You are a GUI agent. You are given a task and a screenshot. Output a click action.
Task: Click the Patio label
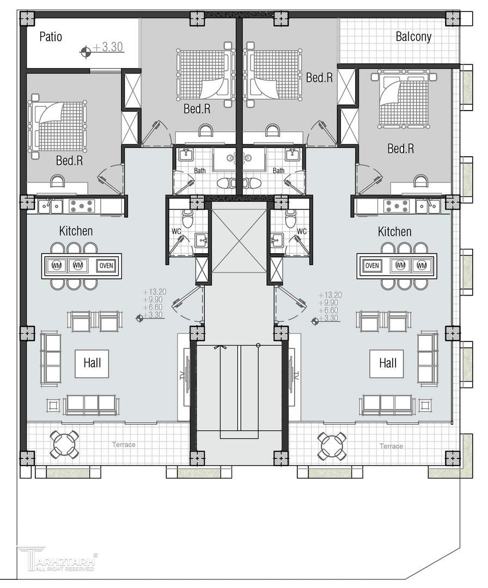(51, 37)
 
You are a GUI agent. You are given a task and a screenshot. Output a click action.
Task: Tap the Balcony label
(413, 37)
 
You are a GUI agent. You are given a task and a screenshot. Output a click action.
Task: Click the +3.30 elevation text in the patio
(108, 47)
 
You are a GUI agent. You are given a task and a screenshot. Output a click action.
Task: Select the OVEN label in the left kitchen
(106, 266)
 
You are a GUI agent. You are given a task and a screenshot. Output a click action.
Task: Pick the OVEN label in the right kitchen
(372, 266)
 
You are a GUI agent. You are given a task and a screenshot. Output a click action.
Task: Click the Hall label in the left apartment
(92, 363)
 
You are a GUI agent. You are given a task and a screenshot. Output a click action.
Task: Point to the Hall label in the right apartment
(387, 363)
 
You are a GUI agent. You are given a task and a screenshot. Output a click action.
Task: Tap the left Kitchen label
(76, 231)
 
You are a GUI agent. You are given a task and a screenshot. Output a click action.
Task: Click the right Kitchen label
(395, 231)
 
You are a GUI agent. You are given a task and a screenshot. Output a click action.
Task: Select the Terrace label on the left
(124, 445)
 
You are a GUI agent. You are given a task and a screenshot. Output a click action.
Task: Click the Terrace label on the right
(391, 446)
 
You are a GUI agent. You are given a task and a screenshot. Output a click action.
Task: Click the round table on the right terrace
(332, 446)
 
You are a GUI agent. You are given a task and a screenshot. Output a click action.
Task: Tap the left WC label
(176, 231)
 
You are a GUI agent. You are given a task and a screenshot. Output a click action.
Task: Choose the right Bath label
(278, 170)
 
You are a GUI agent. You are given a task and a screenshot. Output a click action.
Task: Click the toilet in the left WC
(186, 217)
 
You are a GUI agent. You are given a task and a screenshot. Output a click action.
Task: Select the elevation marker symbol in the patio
(86, 52)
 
